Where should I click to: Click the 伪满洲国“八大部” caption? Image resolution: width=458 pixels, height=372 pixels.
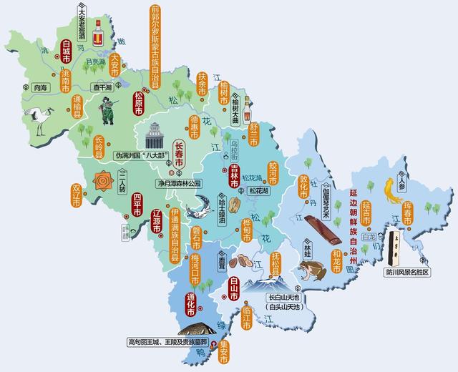pyautogui.click(x=141, y=155)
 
